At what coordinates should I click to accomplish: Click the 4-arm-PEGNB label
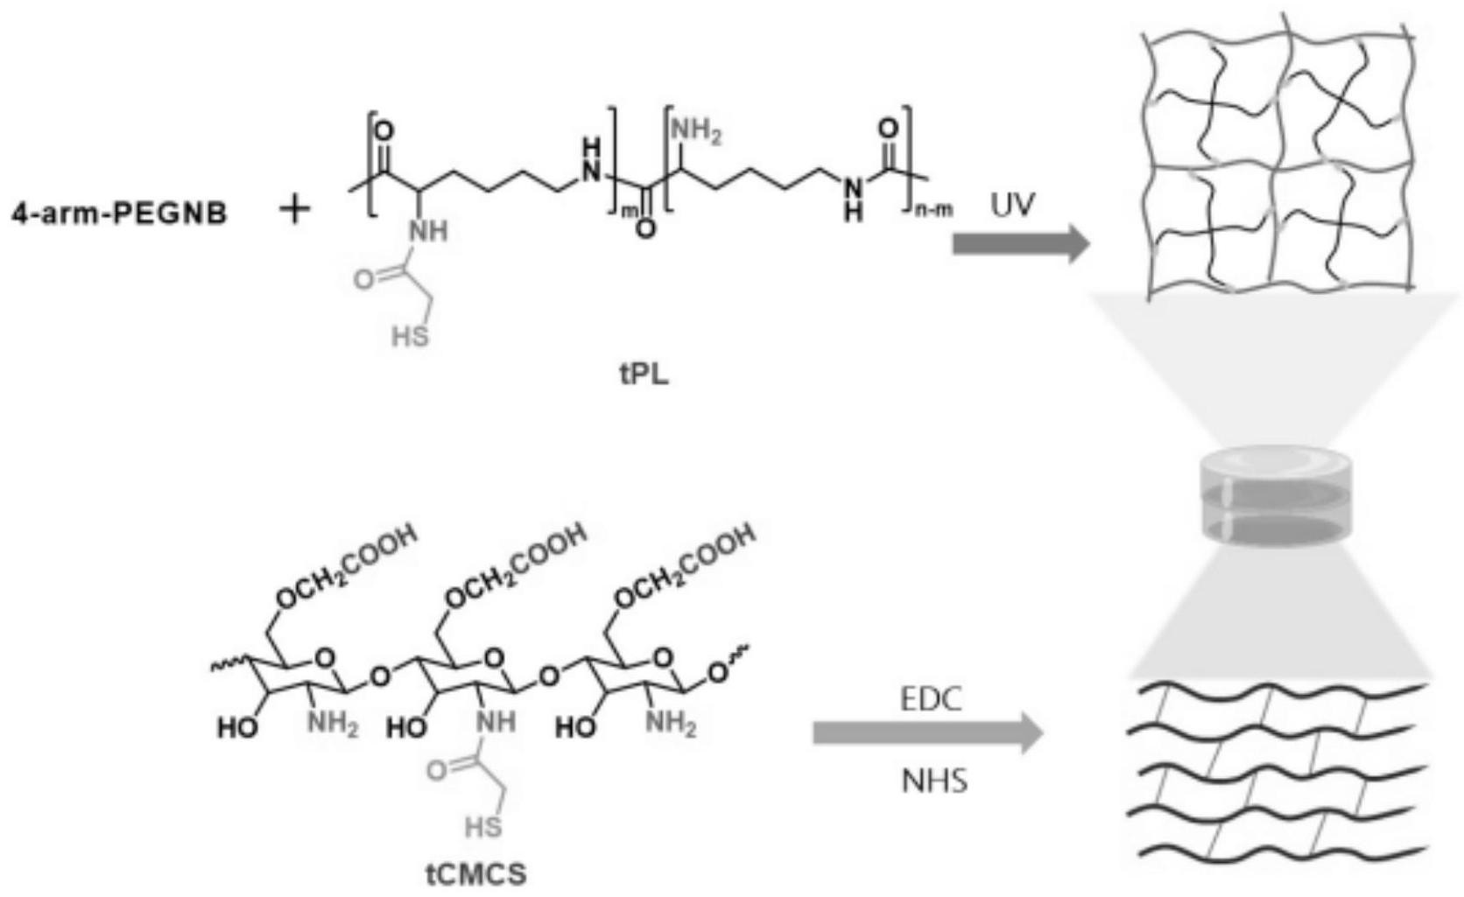[118, 213]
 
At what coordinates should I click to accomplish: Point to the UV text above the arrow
[1013, 206]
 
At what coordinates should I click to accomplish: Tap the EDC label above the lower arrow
[930, 699]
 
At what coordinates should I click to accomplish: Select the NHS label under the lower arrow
[935, 780]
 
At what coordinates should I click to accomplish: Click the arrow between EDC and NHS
[928, 733]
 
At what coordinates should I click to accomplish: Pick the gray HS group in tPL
[410, 335]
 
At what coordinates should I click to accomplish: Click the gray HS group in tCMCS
[483, 827]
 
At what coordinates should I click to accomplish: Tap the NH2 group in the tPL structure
[696, 132]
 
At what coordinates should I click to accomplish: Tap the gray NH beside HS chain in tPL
[428, 231]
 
